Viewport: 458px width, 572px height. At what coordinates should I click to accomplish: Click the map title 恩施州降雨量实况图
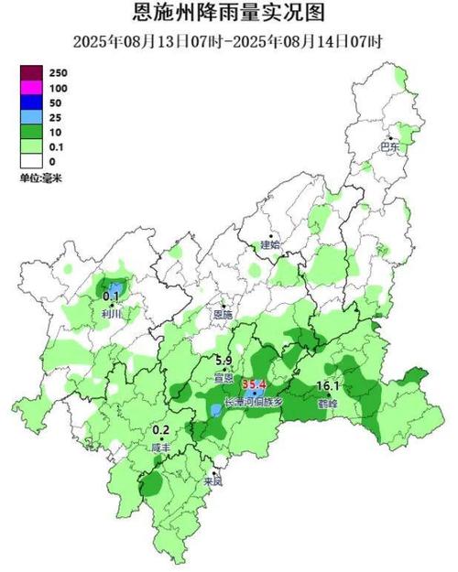click(x=229, y=14)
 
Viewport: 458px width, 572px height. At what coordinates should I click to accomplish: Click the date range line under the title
click(x=229, y=41)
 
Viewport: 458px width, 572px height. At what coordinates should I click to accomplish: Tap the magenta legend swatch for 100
click(x=35, y=87)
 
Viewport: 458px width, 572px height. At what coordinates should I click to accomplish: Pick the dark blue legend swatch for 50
click(x=35, y=101)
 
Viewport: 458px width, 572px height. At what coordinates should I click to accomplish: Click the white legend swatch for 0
click(x=35, y=162)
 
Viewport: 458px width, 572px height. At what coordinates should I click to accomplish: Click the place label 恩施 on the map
click(x=223, y=314)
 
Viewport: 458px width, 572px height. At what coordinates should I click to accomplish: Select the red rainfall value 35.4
click(x=253, y=384)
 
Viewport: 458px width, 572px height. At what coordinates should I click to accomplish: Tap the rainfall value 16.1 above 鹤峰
click(x=328, y=385)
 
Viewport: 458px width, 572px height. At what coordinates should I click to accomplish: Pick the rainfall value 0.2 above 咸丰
click(x=161, y=430)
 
